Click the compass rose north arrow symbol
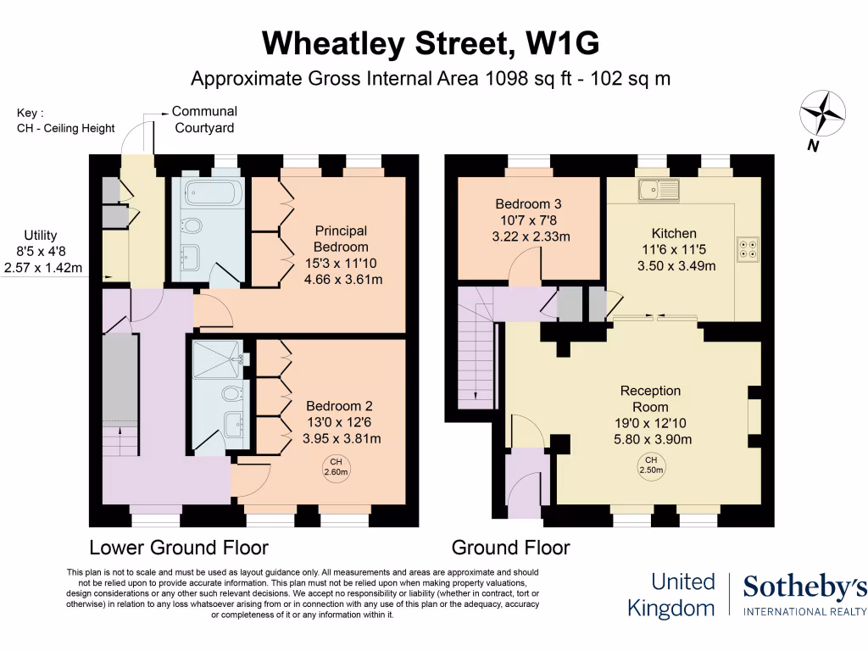pos(823,114)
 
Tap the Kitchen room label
pos(674,233)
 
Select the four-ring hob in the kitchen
pos(748,249)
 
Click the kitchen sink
pos(659,189)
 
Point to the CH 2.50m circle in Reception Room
pos(652,465)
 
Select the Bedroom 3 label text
pos(529,204)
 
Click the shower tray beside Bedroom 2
pos(216,360)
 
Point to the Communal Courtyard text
pos(204,120)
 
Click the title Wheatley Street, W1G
pos(433,42)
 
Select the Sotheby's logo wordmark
pos(804,587)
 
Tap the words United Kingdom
pos(671,594)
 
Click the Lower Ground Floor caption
pos(179,547)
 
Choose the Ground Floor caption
pos(510,547)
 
